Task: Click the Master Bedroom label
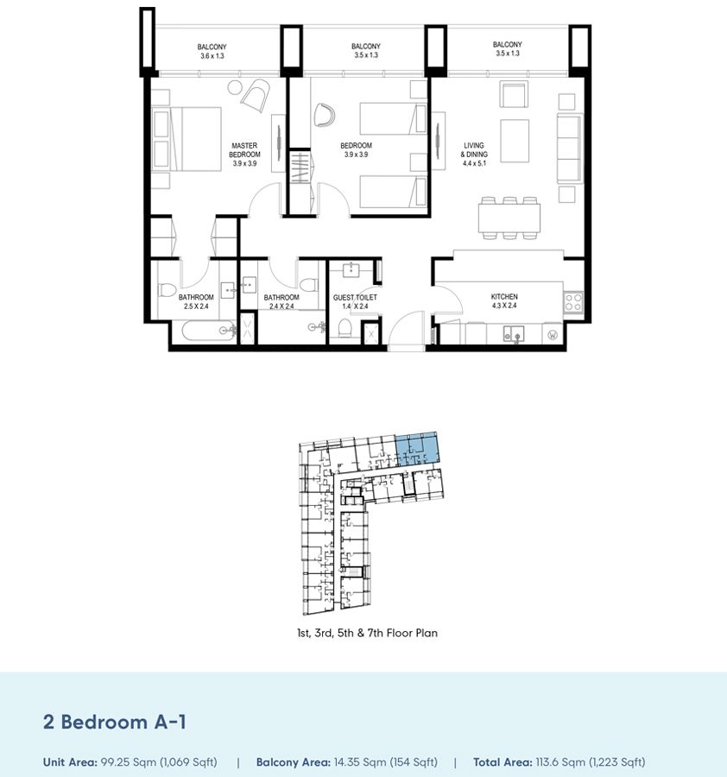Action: (244, 154)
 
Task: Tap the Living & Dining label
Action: (475, 154)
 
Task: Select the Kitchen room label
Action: (504, 301)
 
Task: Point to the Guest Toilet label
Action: (355, 301)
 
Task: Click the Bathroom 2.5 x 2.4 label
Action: (196, 301)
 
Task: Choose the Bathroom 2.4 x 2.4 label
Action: (281, 301)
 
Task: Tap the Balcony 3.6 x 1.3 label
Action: (212, 50)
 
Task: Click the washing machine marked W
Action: (553, 332)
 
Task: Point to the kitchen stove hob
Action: (572, 302)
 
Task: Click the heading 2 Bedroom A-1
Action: (115, 722)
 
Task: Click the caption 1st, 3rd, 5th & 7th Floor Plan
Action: (367, 633)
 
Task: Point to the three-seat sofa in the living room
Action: (570, 147)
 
